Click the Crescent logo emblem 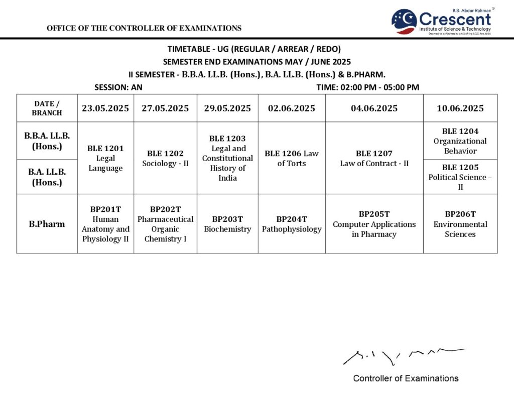pos(404,21)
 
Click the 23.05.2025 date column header pos(105,108)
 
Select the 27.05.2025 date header pos(165,108)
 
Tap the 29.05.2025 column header pos(227,108)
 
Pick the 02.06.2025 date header pos(292,108)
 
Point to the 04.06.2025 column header pos(374,108)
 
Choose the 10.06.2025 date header pos(460,108)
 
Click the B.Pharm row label pos(47,224)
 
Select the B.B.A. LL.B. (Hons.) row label pos(47,141)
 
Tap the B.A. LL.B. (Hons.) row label pos(47,177)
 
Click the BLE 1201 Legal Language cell pos(105,158)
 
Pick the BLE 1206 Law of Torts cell pos(292,158)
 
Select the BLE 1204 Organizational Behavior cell pos(460,141)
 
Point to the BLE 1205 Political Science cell pos(460,177)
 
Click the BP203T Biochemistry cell pos(227,224)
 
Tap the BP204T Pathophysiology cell pos(292,224)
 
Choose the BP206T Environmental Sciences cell pos(460,224)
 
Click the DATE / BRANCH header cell pos(47,108)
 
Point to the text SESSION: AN pos(118,87)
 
